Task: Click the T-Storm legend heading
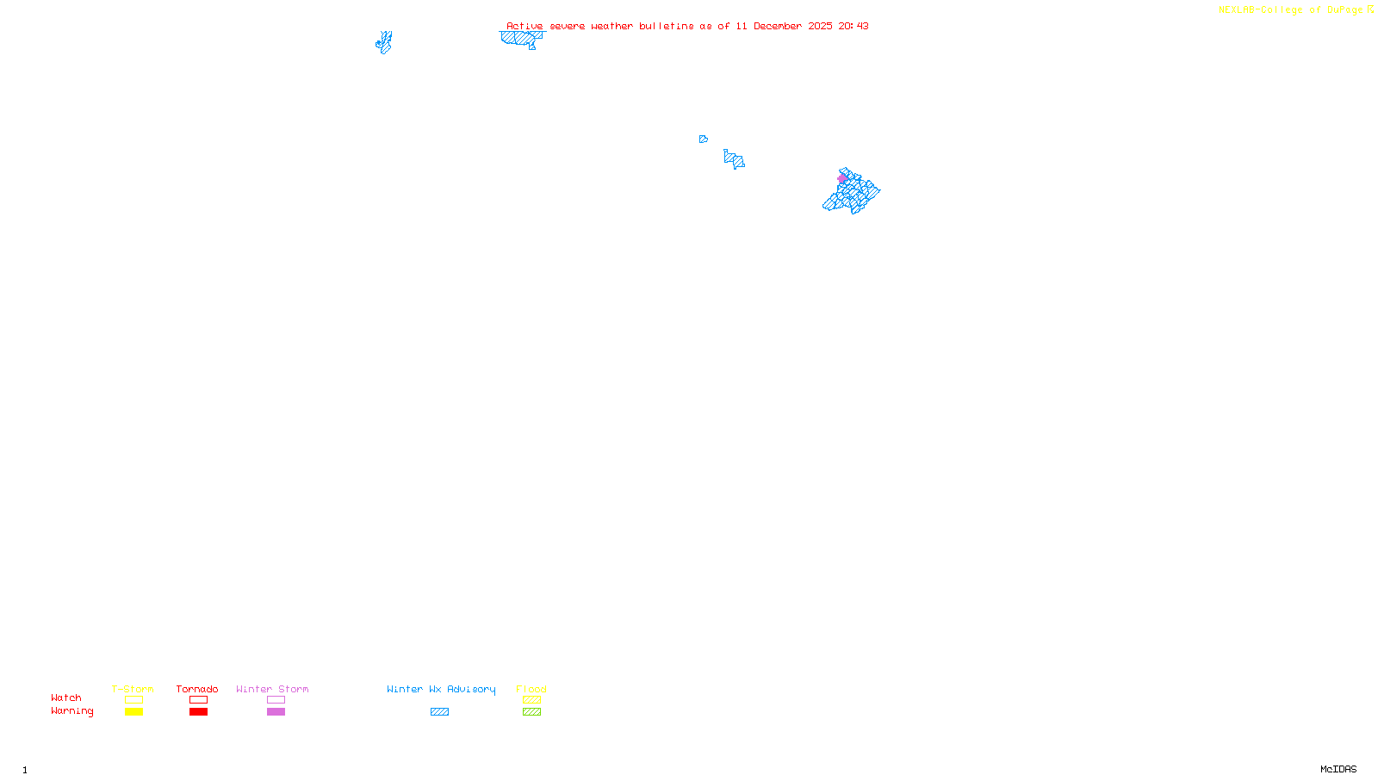click(133, 689)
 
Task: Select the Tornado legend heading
click(197, 689)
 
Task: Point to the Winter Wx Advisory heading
click(441, 689)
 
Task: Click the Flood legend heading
click(531, 689)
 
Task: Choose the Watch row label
click(66, 697)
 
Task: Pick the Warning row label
click(72, 711)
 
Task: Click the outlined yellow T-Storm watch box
click(133, 700)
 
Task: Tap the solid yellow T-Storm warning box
click(133, 712)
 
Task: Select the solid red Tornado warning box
click(198, 712)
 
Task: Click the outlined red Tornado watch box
click(198, 700)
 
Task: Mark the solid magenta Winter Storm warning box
click(276, 712)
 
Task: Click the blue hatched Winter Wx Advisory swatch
click(439, 712)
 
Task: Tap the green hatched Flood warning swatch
click(531, 712)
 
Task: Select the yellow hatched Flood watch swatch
click(531, 700)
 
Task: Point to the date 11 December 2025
click(784, 26)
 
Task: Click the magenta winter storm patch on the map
click(842, 179)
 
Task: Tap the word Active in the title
click(525, 26)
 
